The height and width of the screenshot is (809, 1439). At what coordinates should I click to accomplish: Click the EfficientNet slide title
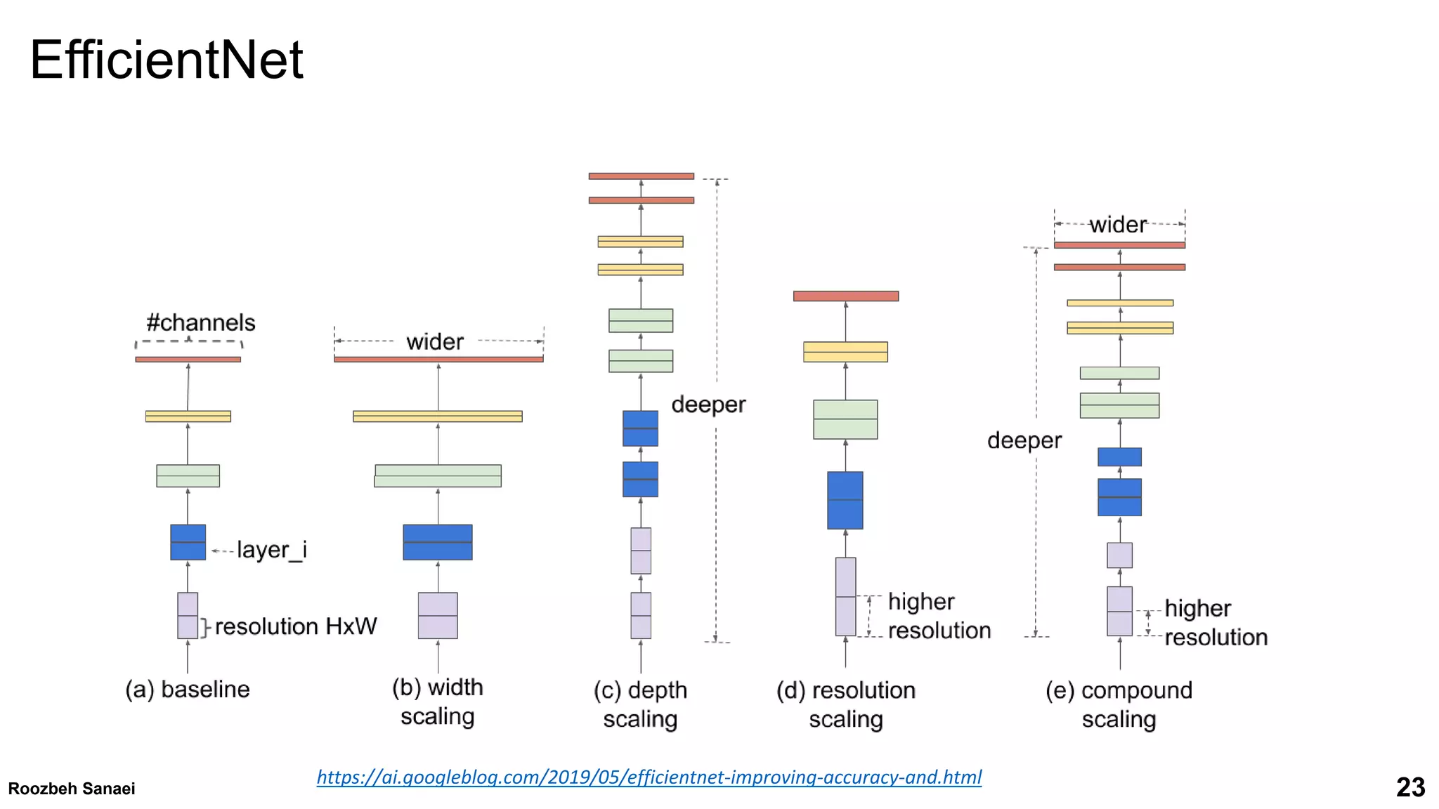(166, 60)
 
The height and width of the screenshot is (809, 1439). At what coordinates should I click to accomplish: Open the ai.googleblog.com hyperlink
(649, 777)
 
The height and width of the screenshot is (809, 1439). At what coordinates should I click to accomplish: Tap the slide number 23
(1410, 787)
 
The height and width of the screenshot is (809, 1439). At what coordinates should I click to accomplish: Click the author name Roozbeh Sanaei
(72, 789)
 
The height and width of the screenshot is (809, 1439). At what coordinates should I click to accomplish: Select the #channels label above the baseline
(200, 323)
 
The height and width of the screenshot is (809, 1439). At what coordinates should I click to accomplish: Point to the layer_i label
(271, 550)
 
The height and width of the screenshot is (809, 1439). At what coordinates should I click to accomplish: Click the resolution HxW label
(295, 626)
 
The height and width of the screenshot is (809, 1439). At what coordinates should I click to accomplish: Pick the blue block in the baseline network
(188, 542)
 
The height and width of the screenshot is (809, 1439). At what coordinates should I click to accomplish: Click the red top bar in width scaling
(438, 360)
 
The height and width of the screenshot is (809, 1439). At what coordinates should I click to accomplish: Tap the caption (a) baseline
(188, 690)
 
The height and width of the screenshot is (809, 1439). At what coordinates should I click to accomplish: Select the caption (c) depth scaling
(640, 704)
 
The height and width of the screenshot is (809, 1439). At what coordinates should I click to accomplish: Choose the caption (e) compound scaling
(1119, 704)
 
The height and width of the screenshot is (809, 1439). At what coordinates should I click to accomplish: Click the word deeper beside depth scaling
(708, 405)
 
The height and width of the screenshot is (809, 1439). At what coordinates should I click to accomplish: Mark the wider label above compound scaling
(1117, 225)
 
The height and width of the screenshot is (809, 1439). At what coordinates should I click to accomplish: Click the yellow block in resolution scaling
(845, 352)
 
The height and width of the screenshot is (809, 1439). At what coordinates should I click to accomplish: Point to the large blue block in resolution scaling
(845, 500)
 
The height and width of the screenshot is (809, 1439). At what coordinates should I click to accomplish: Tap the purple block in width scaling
(438, 615)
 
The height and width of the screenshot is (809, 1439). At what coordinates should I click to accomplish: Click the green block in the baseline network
(188, 476)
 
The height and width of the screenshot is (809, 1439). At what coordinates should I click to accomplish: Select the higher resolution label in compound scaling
(1216, 623)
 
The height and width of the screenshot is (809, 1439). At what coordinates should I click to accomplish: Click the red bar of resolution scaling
(845, 296)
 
